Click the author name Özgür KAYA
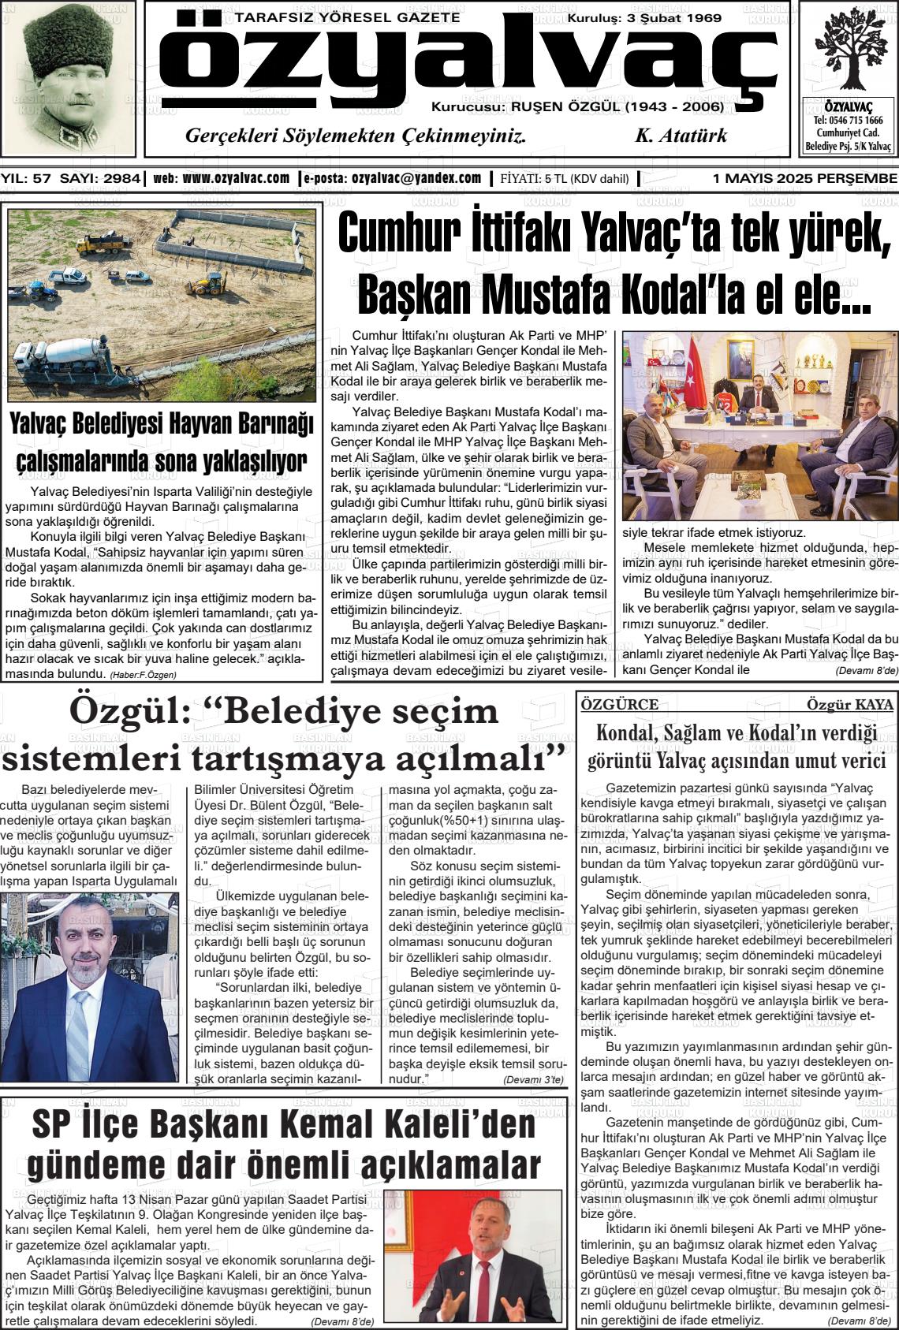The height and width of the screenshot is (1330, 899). pyautogui.click(x=849, y=705)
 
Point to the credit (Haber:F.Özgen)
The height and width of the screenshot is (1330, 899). pyautogui.click(x=143, y=674)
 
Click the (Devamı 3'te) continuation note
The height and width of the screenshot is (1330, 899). pyautogui.click(x=533, y=1079)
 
